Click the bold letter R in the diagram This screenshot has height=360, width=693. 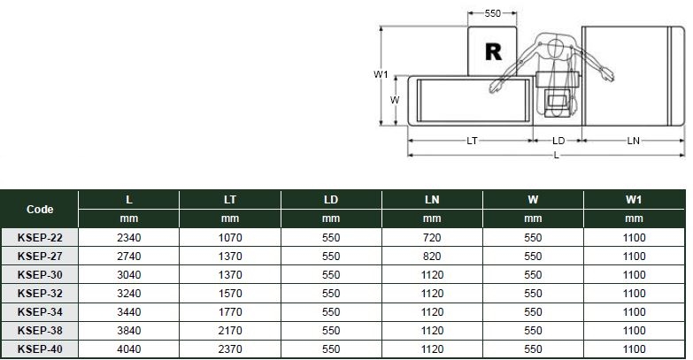click(493, 51)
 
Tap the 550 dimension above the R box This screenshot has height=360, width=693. click(492, 13)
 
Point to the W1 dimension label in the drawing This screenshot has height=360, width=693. click(381, 74)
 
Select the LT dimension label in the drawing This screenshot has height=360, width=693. click(472, 141)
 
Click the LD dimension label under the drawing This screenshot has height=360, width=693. click(558, 141)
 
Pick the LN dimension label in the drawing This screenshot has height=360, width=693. click(633, 141)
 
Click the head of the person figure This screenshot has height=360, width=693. click(556, 48)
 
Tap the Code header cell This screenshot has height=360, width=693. click(40, 209)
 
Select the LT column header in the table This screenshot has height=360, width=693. click(230, 200)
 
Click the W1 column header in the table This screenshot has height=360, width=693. click(634, 200)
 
